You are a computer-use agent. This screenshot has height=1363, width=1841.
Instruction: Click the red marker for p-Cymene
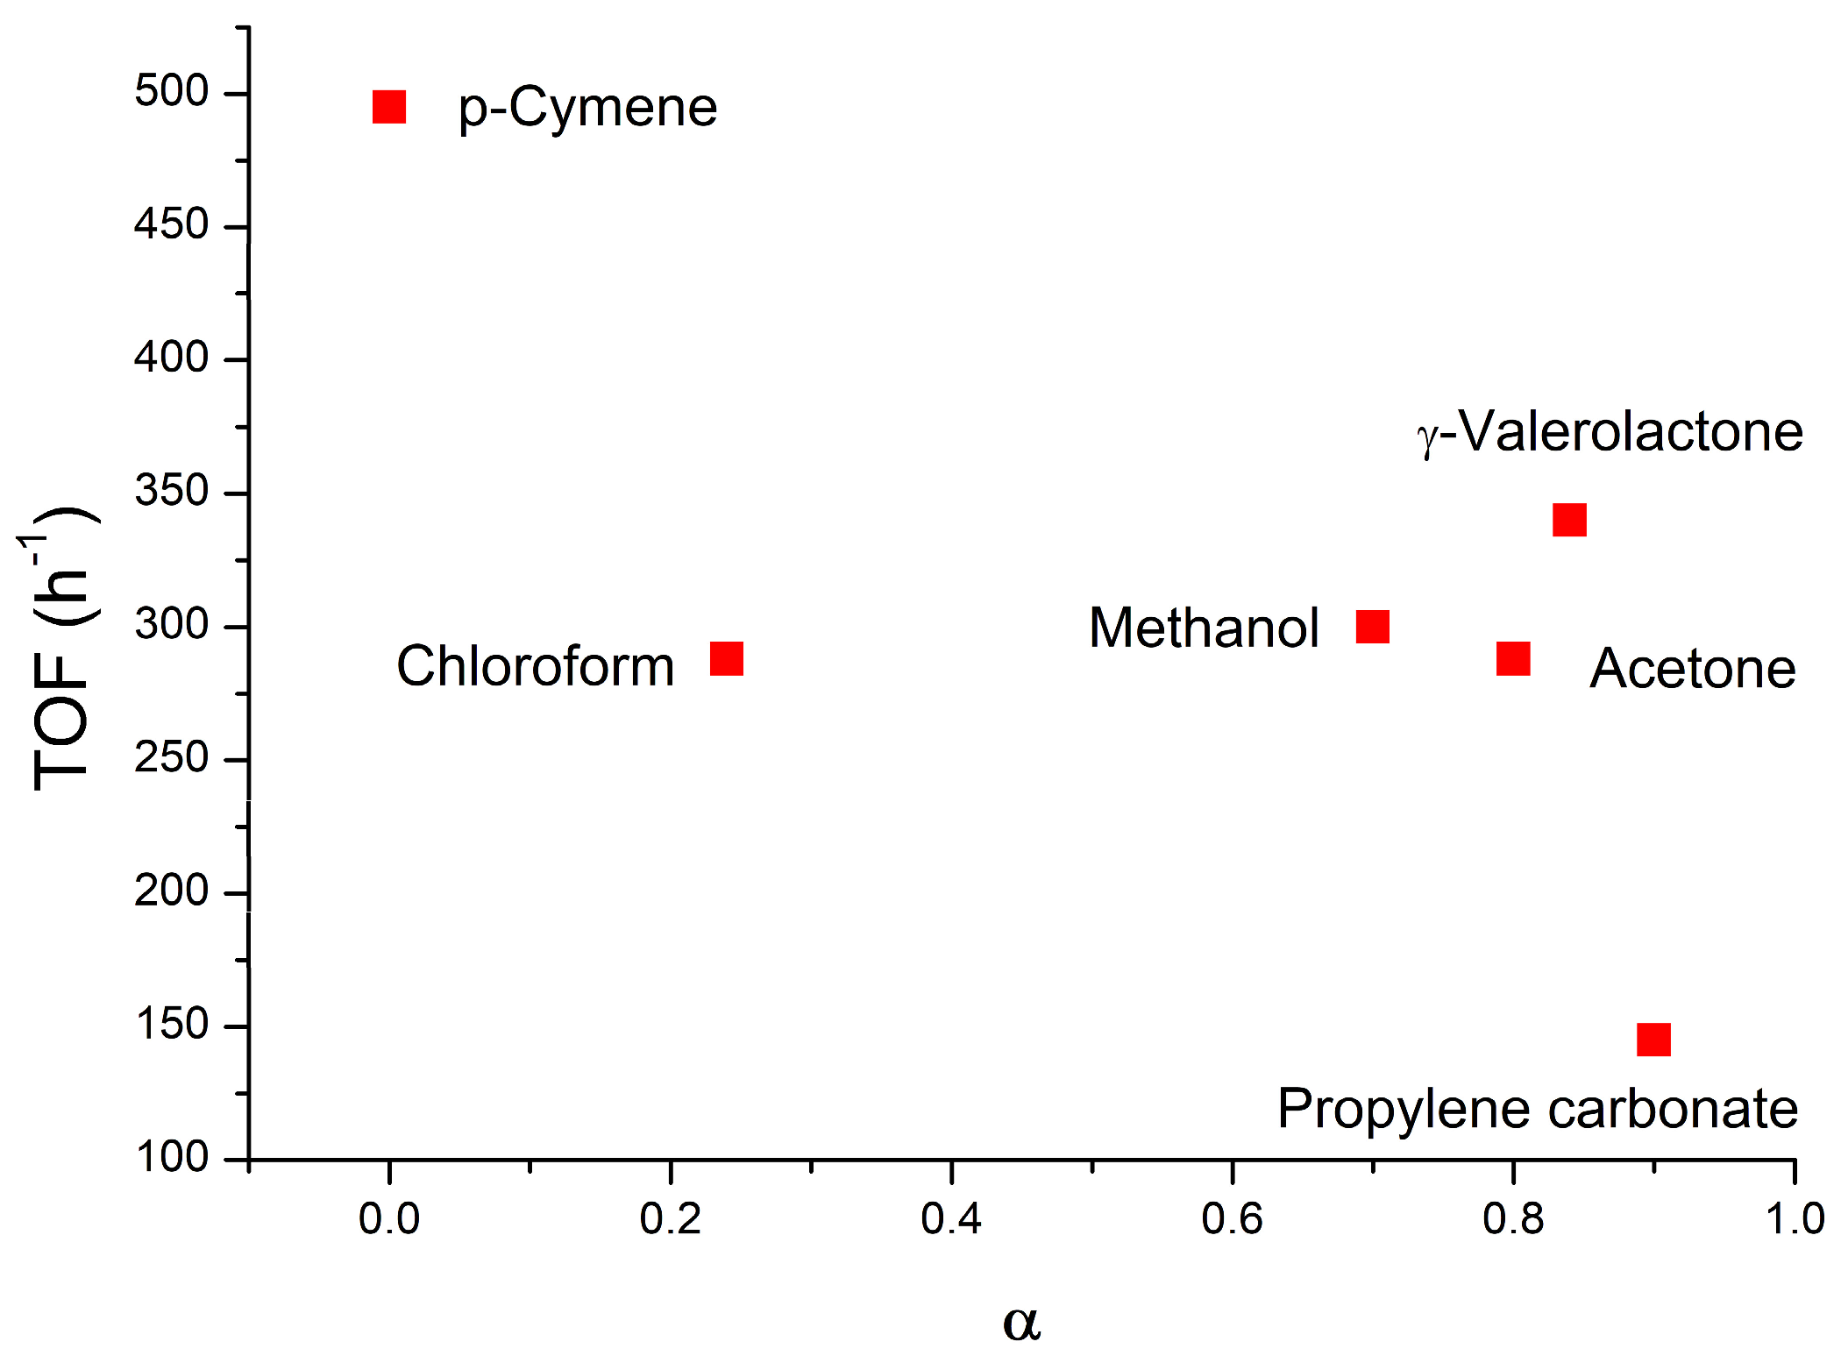(389, 107)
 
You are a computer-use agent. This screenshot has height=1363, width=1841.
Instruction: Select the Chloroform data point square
(727, 658)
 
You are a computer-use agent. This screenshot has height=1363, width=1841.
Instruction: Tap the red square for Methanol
(1373, 627)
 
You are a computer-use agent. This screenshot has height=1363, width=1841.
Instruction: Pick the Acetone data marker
(1514, 658)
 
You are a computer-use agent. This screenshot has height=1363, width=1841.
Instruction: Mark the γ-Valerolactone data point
(1569, 520)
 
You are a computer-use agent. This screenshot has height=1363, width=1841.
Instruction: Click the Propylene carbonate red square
(1654, 1040)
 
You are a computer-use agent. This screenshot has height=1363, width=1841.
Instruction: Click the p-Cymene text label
(587, 109)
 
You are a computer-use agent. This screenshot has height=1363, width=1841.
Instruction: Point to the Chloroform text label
(535, 666)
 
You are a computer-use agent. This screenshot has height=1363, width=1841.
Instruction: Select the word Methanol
(1204, 628)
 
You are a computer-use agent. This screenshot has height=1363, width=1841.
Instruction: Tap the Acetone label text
(1692, 669)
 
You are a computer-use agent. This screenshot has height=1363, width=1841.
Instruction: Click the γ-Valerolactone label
(1610, 432)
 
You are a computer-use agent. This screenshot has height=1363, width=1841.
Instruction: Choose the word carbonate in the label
(1673, 1109)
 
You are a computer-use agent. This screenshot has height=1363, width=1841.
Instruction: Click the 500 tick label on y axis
(172, 91)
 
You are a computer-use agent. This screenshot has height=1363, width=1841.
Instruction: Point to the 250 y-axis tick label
(172, 757)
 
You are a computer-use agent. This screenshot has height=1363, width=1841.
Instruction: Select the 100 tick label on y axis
(172, 1157)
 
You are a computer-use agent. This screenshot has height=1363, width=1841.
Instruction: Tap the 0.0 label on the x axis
(389, 1219)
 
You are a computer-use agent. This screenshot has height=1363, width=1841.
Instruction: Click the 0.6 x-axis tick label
(1232, 1219)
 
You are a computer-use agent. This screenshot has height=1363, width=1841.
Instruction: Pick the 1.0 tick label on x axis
(1794, 1219)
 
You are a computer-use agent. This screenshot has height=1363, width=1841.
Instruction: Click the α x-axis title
(1021, 1322)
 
